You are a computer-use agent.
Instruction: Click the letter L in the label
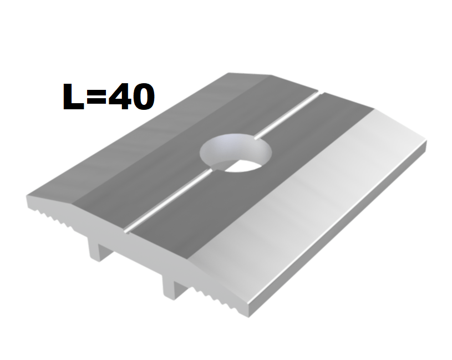tap(73, 97)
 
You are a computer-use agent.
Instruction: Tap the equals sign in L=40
tap(97, 97)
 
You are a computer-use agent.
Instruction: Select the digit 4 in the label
tap(120, 97)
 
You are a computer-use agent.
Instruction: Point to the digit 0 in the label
tap(143, 97)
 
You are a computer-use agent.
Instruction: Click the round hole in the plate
tap(236, 153)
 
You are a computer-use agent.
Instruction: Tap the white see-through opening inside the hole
tap(242, 166)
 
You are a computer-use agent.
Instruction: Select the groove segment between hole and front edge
tap(169, 201)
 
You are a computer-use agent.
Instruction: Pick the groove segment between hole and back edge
tap(287, 115)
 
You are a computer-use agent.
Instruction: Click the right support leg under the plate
tap(173, 287)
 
